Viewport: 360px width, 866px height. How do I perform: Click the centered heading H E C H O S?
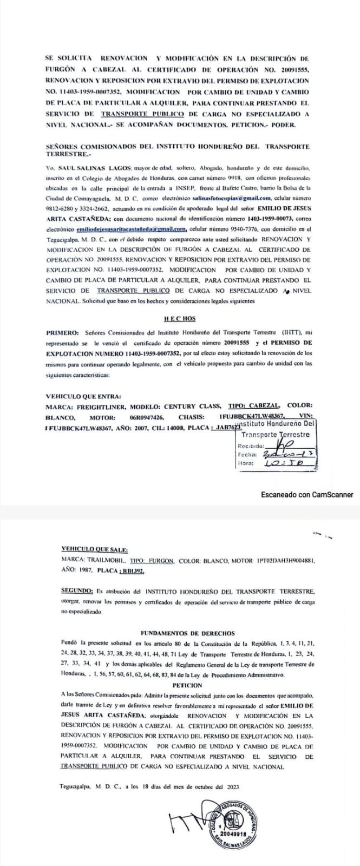point(180,319)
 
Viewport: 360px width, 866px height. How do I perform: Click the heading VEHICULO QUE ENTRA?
point(83,396)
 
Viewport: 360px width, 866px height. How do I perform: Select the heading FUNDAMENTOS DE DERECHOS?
point(187,633)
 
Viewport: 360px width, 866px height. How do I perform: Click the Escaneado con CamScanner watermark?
point(306,494)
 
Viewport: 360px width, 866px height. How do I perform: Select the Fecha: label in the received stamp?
point(249,455)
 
